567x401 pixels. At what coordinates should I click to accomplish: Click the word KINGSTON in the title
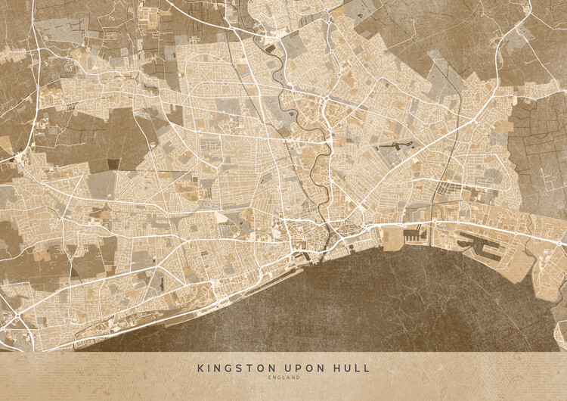(x=231, y=368)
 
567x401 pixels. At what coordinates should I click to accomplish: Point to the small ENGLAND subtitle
(x=283, y=378)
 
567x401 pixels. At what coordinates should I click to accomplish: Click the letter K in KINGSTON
(x=200, y=368)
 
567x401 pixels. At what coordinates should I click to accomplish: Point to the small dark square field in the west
(x=113, y=163)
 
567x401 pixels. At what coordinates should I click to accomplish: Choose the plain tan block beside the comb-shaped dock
(x=394, y=240)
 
